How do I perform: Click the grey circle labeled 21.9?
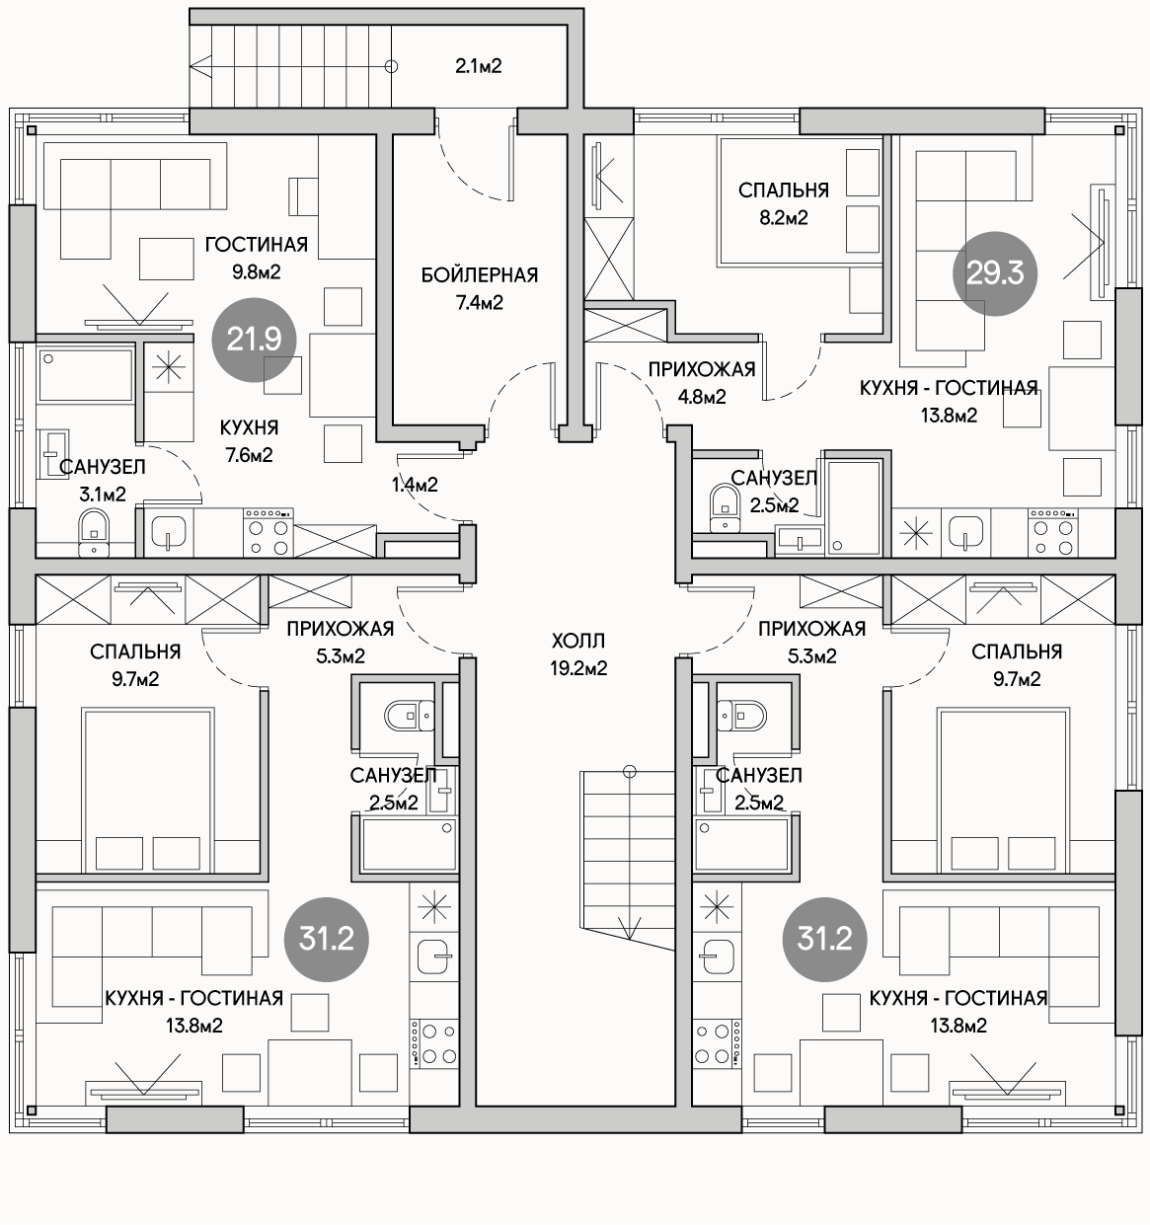tap(255, 340)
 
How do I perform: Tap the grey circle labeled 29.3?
tap(995, 273)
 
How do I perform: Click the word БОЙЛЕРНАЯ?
tap(480, 275)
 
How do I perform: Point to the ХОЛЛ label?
tap(578, 641)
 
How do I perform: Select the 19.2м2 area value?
tap(578, 668)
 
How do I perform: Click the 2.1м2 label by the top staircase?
tap(479, 66)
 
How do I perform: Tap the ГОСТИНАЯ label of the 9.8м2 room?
tap(256, 245)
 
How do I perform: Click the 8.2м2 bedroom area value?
tap(784, 218)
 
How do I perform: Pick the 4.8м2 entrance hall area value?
tap(702, 397)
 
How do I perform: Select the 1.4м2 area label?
tap(416, 485)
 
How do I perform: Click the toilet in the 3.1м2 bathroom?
tap(94, 533)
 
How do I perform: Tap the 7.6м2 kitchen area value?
tap(249, 455)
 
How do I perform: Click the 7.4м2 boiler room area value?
tap(480, 302)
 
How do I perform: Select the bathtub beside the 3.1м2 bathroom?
tap(85, 374)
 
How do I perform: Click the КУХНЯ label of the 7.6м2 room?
tap(249, 427)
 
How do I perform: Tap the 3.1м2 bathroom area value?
tap(103, 495)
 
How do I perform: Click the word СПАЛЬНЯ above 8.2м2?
tap(784, 191)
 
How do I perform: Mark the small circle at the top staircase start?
tap(391, 66)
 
